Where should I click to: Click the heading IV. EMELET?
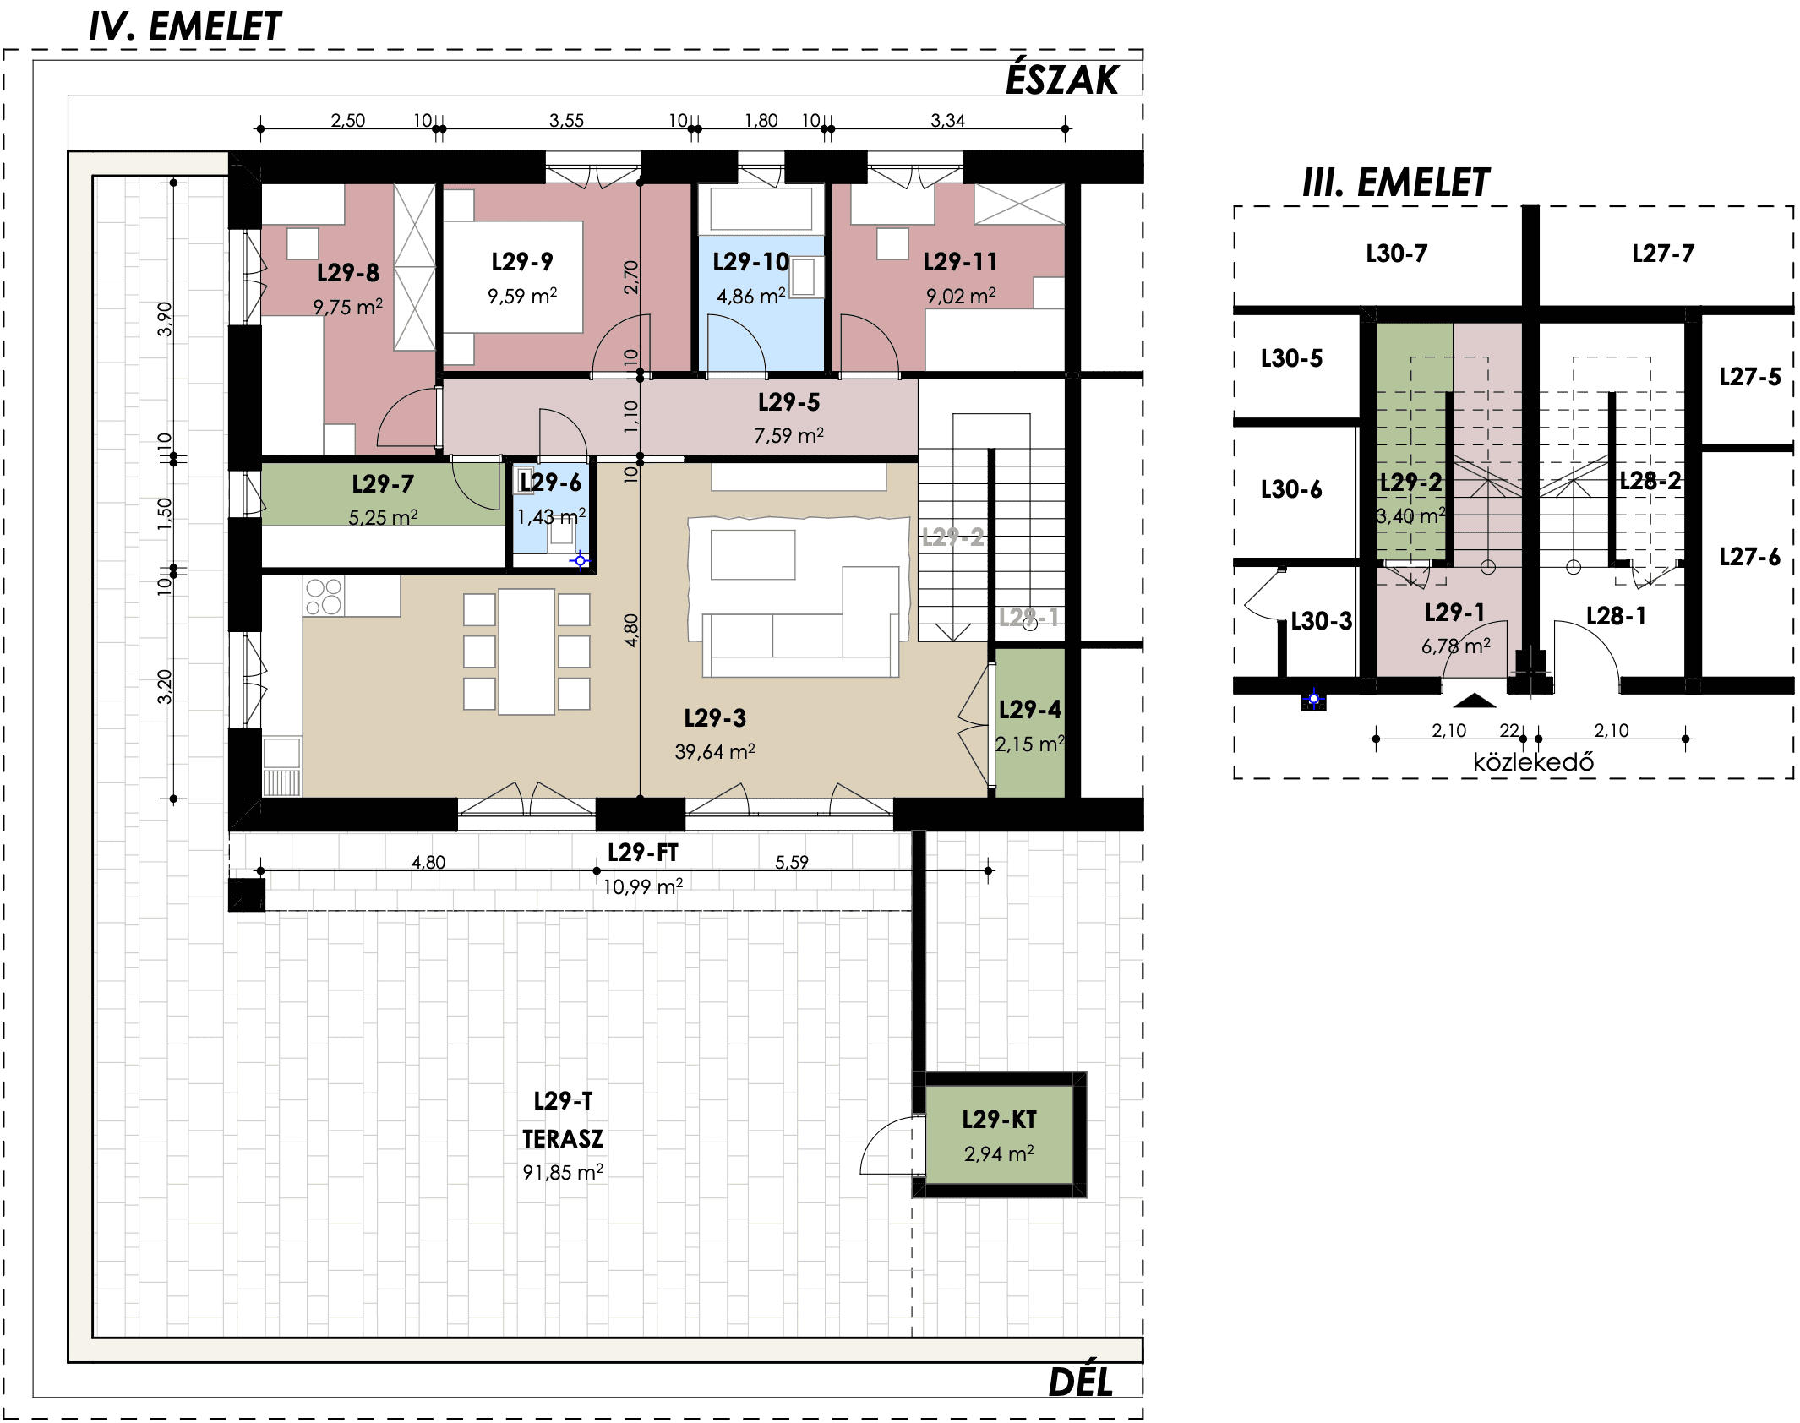[x=185, y=26]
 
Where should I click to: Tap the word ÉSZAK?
[x=1062, y=79]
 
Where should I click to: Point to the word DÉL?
[x=1081, y=1382]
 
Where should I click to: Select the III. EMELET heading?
[x=1396, y=183]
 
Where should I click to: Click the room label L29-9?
[x=522, y=262]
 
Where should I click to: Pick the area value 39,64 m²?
[x=715, y=751]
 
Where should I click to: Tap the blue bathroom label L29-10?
[x=751, y=262]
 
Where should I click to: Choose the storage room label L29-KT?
[x=999, y=1120]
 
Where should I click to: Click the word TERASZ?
[x=563, y=1139]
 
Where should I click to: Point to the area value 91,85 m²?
[x=563, y=1172]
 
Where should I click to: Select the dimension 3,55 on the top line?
[x=566, y=121]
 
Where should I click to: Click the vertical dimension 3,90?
[x=165, y=319]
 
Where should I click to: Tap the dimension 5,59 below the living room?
[x=792, y=862]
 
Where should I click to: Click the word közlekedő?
[x=1533, y=762]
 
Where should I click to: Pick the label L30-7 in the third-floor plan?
[x=1397, y=254]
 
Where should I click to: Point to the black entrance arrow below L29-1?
[x=1475, y=701]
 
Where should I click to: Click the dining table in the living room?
[x=526, y=652]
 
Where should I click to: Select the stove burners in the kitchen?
[x=324, y=597]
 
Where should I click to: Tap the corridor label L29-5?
[x=789, y=402]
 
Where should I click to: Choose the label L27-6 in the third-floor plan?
[x=1750, y=557]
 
